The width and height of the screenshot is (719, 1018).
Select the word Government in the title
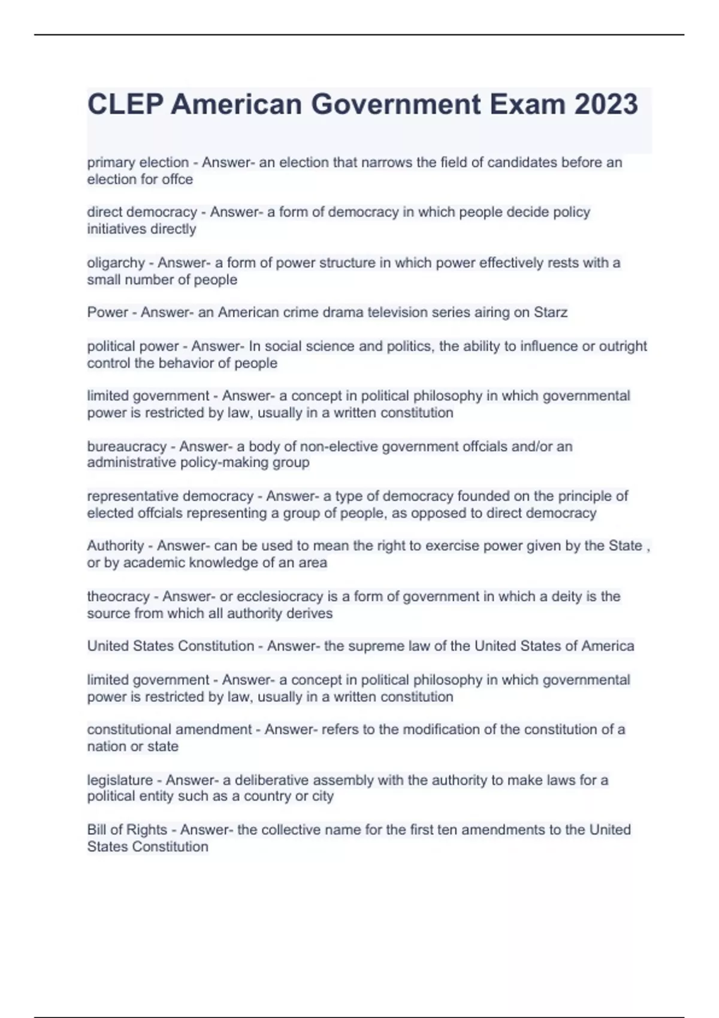tap(395, 104)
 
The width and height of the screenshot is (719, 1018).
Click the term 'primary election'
tap(138, 162)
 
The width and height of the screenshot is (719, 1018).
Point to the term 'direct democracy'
tap(142, 212)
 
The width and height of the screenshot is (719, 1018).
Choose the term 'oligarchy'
tap(116, 263)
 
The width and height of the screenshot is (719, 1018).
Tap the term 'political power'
tap(133, 346)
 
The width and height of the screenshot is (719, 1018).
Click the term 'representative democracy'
tap(170, 496)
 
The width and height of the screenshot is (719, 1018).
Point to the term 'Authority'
tap(116, 546)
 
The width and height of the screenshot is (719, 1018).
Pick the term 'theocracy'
tap(118, 596)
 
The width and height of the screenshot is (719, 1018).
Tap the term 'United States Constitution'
tap(171, 646)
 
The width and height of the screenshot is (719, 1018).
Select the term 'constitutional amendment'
tap(170, 729)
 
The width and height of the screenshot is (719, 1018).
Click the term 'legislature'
tap(120, 780)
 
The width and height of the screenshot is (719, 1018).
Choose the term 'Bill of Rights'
tap(127, 829)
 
